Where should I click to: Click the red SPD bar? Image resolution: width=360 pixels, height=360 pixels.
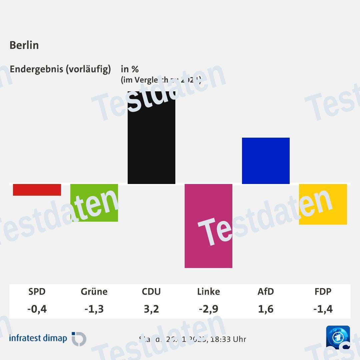coord(37,190)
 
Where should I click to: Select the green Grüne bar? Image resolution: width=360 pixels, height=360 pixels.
coord(94,203)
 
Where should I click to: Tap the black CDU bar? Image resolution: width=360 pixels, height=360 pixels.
coord(151,137)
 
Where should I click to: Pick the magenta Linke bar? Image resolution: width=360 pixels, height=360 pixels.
coord(208,226)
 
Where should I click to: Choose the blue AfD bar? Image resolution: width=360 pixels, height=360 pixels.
coord(266,161)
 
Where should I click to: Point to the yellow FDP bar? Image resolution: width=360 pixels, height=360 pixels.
coord(323,204)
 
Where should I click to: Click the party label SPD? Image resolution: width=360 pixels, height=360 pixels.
coord(37,292)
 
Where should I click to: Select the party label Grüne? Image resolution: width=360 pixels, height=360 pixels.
coord(94,292)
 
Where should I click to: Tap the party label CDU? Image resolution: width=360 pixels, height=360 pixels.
coord(151,292)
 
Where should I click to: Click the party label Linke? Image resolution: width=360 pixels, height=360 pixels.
coord(208,292)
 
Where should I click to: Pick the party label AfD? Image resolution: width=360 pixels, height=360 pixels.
coord(266,292)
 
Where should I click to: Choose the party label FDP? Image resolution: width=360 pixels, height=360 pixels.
coord(323,292)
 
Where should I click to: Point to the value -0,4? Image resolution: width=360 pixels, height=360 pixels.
coord(37,309)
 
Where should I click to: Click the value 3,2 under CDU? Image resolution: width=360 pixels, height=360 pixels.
coord(151,309)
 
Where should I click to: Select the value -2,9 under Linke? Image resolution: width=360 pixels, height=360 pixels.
coord(208,309)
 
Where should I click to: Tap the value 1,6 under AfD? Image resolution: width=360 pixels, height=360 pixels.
coord(266,309)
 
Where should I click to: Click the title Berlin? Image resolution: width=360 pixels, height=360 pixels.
coord(24,45)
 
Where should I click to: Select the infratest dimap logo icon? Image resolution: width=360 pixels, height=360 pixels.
coord(79,339)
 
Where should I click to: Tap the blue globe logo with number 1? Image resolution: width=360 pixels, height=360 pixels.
coord(338,337)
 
